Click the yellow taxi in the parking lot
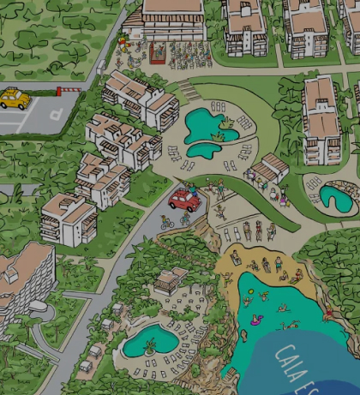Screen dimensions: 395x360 (15, 99)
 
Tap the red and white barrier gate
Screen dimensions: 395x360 (69, 89)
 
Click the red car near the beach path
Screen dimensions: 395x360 (184, 200)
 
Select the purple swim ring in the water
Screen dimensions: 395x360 (257, 320)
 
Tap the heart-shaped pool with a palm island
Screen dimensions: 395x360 (150, 341)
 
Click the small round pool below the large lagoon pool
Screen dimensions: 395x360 (202, 149)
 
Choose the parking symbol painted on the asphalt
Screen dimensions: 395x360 (54, 112)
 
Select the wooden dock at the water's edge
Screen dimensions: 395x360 (230, 374)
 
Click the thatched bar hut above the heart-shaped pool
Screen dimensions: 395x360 (171, 279)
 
